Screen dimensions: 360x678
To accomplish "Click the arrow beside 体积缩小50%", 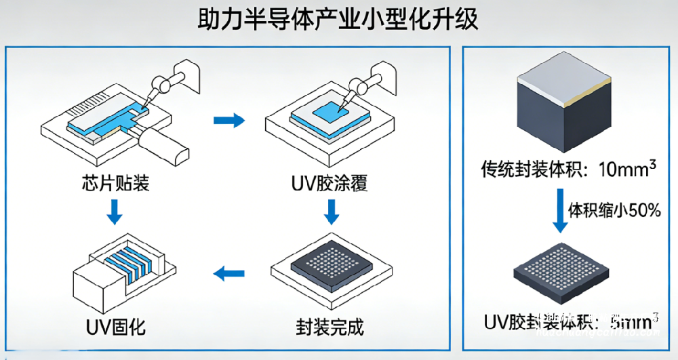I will [x=559, y=212].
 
